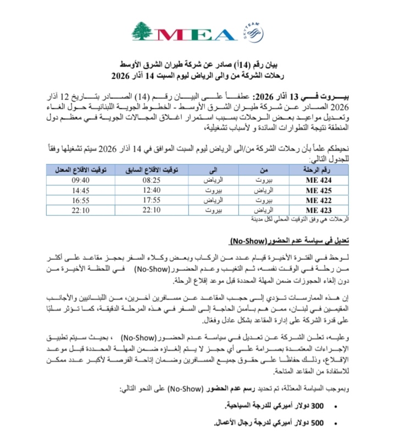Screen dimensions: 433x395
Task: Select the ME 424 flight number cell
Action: click(x=320, y=180)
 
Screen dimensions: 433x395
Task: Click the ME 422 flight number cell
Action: click(x=320, y=200)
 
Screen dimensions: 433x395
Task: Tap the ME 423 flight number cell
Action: click(x=320, y=210)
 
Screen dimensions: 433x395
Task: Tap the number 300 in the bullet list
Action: click(x=319, y=407)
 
